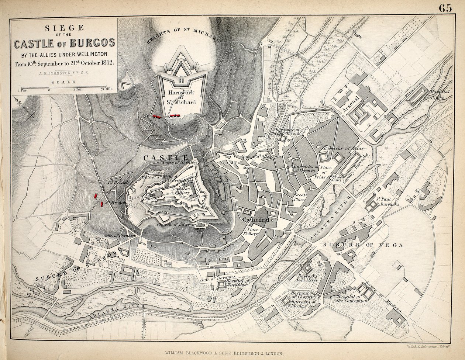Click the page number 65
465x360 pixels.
(x=445, y=8)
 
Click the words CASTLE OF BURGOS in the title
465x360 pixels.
(x=65, y=44)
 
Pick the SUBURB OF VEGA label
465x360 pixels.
(x=363, y=245)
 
